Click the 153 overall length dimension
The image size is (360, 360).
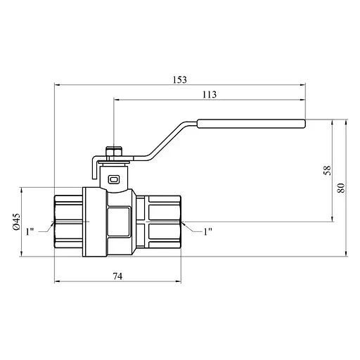coord(180,80)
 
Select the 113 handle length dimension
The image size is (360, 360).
coord(210,94)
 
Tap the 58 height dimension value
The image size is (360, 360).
coord(327,170)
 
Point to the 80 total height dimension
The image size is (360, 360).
coord(341,188)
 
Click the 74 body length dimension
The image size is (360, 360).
coord(117,276)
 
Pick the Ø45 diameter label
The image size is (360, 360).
coord(16,221)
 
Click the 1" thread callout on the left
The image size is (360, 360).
coord(30,231)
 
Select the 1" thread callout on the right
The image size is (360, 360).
coord(207,231)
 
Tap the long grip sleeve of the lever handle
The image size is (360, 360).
coord(251,124)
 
